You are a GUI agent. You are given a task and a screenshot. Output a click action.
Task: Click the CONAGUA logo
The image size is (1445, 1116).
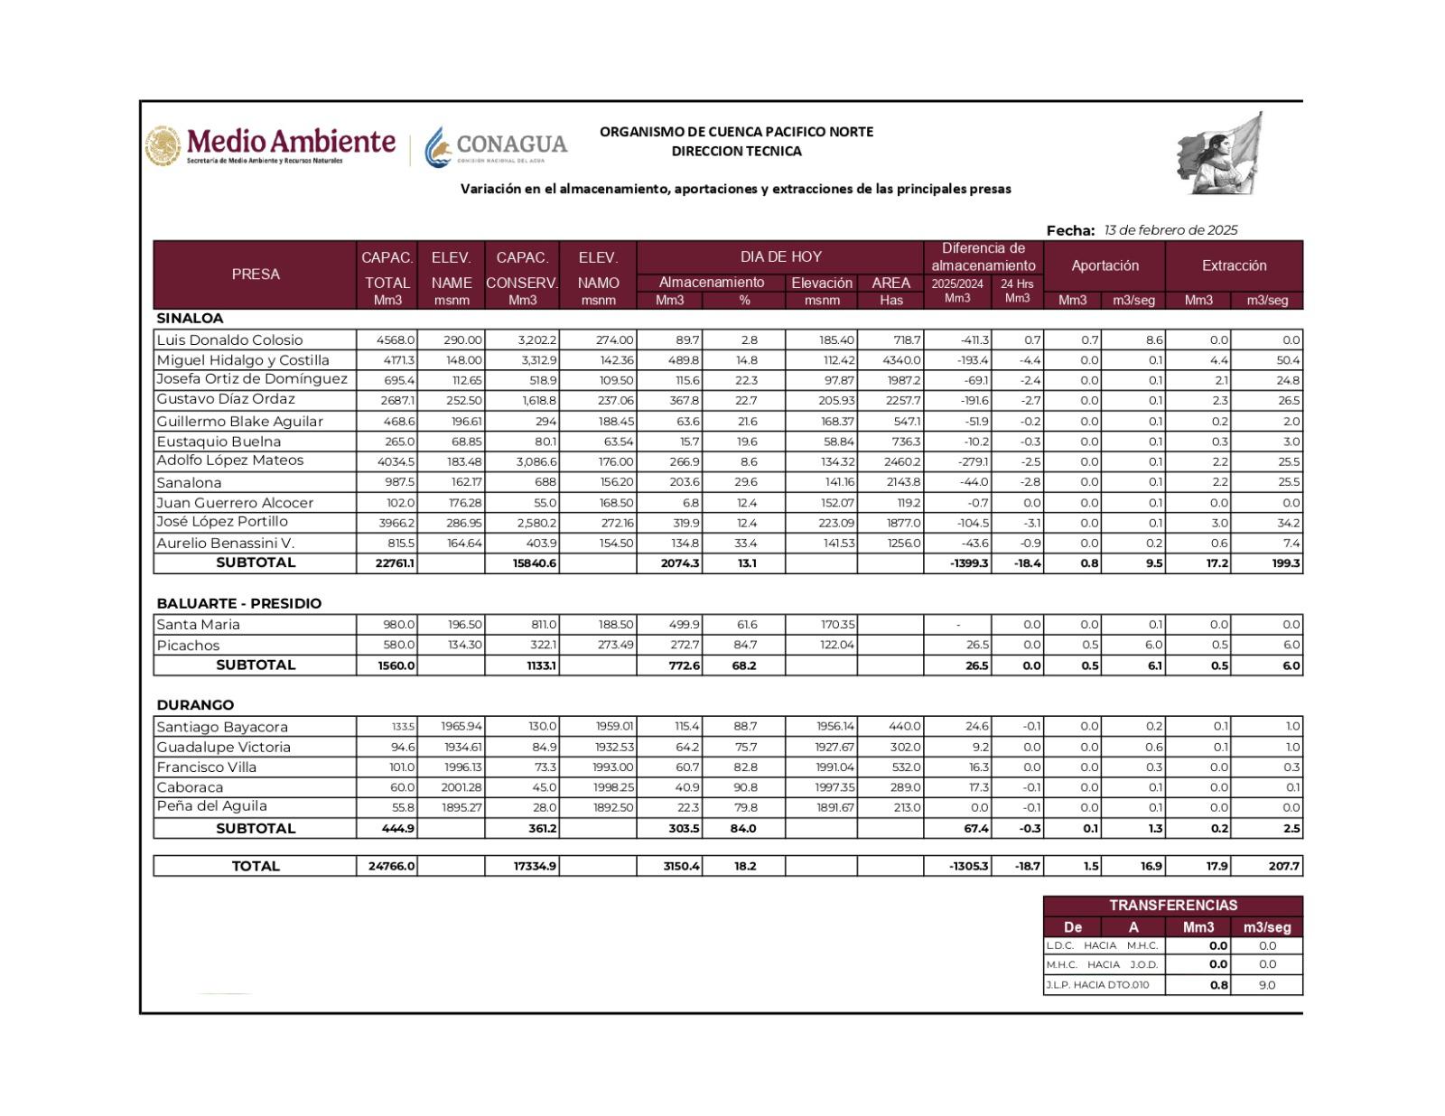[496, 145]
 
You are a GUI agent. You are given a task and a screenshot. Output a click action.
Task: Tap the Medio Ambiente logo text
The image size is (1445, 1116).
[290, 142]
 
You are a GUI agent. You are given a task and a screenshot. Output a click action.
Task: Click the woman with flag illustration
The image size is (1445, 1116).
[1221, 154]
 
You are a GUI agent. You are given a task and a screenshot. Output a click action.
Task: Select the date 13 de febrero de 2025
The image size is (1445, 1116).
[1170, 230]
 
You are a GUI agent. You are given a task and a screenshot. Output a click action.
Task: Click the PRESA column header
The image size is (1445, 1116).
[256, 274]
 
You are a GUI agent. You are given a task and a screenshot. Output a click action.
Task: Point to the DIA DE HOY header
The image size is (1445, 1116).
[780, 256]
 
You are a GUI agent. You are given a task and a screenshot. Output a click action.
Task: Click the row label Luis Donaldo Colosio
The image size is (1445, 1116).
[229, 340]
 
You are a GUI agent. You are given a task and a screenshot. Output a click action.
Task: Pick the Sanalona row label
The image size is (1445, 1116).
[189, 482]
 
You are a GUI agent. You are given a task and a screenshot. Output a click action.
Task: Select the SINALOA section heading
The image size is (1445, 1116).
[190, 319]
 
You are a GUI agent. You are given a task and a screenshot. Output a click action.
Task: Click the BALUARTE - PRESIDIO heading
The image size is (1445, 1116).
[238, 603]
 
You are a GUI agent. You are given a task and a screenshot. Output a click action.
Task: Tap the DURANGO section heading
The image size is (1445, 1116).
[195, 705]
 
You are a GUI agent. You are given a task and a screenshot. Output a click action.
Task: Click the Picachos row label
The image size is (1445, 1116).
[188, 646]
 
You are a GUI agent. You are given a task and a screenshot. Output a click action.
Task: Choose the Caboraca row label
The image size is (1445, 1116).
[190, 787]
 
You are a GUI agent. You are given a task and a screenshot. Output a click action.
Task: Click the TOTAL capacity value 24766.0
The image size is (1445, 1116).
[391, 866]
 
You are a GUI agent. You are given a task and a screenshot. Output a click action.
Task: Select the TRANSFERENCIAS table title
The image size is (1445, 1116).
[1172, 905]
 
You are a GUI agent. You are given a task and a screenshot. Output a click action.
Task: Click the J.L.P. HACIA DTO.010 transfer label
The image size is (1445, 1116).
[1097, 985]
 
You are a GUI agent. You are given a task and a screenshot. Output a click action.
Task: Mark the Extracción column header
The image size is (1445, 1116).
[1234, 265]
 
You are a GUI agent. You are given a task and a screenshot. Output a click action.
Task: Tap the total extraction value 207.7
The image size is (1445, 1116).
[1283, 866]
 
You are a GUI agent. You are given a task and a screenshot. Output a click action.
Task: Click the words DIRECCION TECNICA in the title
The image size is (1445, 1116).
[736, 152]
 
